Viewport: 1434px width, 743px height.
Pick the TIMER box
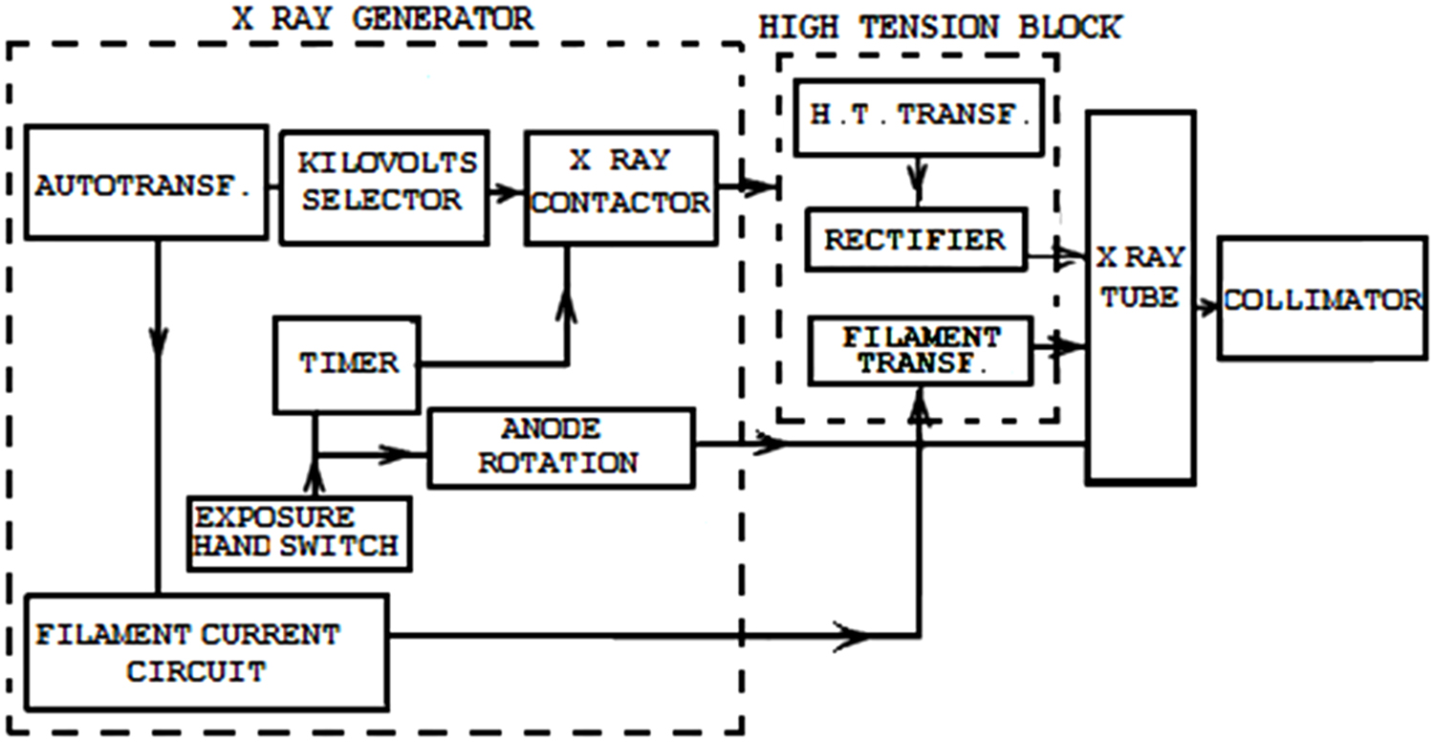[348, 363]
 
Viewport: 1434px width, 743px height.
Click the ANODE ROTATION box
[559, 448]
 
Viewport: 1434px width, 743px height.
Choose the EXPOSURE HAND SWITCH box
[299, 533]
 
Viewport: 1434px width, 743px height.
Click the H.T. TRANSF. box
[917, 117]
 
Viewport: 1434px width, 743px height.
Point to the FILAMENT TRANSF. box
[920, 351]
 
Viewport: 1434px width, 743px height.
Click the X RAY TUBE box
[1141, 296]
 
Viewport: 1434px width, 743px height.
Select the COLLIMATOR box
[1322, 300]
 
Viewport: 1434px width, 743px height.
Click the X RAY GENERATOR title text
[382, 18]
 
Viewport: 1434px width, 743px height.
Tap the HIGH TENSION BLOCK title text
[939, 26]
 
